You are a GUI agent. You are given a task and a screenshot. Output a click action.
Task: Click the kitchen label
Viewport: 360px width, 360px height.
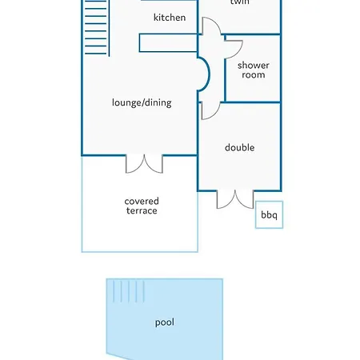tap(170, 18)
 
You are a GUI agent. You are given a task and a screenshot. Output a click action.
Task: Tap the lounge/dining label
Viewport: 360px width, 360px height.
tap(142, 102)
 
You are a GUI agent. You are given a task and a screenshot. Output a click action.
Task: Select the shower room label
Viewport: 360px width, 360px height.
tap(254, 70)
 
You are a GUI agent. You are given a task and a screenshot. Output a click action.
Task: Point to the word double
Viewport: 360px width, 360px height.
tap(239, 147)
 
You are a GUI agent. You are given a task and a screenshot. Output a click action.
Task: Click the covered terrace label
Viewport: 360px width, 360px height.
tap(142, 206)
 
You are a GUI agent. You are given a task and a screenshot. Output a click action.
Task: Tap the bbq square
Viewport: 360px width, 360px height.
tap(269, 214)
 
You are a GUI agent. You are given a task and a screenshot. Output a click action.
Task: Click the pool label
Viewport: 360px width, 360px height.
tap(165, 322)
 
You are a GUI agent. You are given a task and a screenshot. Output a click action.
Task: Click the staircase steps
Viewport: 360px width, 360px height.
tap(97, 27)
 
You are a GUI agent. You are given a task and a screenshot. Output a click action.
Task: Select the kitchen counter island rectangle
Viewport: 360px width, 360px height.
tap(168, 43)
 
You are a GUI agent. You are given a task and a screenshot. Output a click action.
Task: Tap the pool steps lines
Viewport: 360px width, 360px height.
tap(129, 291)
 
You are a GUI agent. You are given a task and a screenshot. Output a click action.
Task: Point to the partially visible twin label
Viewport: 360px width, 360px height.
tap(240, 2)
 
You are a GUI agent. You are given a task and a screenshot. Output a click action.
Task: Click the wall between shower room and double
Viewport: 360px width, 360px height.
tap(253, 102)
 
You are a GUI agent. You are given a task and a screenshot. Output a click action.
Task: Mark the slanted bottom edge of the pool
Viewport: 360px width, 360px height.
tap(120, 357)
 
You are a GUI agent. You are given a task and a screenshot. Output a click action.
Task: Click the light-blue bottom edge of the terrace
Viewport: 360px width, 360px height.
tap(140, 251)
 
